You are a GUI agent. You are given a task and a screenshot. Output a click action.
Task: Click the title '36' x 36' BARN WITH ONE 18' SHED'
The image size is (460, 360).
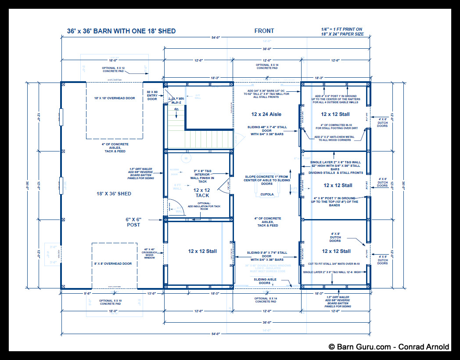(x=121, y=31)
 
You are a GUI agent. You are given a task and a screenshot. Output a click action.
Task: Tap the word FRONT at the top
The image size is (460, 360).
(x=264, y=31)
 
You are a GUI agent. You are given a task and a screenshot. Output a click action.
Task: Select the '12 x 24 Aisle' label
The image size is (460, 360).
(x=266, y=114)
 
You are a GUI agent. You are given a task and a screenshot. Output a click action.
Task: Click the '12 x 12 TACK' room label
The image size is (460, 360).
(x=202, y=193)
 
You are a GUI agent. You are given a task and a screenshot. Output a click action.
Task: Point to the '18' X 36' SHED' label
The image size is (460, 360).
(x=114, y=194)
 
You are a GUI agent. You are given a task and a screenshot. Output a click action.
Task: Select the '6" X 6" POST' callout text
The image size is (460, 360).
(x=133, y=222)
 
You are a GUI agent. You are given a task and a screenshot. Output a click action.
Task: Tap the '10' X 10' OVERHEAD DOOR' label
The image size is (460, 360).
(x=114, y=98)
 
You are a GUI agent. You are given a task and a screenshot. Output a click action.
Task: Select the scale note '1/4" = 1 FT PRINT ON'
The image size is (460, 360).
(x=341, y=29)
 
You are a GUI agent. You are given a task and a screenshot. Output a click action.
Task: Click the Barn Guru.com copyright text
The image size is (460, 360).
(x=389, y=347)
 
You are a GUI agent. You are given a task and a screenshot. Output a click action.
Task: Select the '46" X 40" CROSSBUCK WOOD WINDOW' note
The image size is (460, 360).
(x=150, y=253)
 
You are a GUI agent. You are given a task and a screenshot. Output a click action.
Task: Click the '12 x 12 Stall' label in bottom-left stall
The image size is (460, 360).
(x=202, y=251)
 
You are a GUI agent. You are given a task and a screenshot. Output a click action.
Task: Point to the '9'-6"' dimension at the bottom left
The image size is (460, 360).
(x=74, y=294)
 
